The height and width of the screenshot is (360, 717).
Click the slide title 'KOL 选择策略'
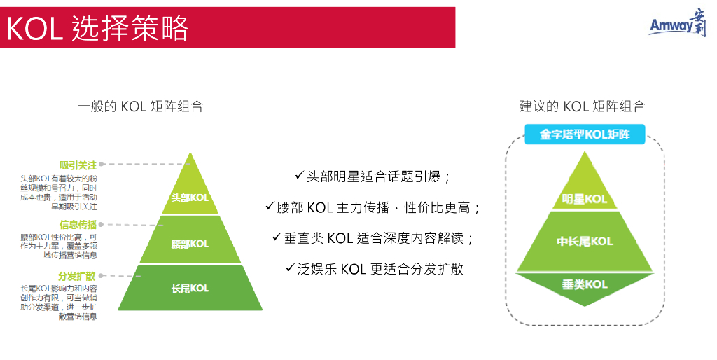[x=98, y=29]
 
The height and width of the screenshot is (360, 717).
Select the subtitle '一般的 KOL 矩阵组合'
[x=140, y=106]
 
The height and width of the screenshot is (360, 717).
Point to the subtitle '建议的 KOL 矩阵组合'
[x=582, y=106]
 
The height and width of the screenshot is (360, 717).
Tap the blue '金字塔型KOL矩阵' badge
[x=584, y=134]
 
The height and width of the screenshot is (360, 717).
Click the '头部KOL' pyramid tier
[x=190, y=198]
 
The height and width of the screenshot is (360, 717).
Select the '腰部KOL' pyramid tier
[x=190, y=244]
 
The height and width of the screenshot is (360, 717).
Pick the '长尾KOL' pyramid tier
[x=190, y=288]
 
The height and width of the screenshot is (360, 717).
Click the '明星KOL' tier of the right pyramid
[x=584, y=199]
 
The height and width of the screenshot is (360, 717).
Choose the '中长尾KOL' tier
[x=584, y=241]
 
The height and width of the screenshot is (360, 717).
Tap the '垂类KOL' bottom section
[x=584, y=284]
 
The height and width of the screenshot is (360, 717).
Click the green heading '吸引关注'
[x=78, y=165]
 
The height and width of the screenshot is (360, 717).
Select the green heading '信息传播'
[x=78, y=225]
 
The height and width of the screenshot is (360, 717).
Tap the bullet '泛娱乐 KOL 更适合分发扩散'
[x=381, y=269]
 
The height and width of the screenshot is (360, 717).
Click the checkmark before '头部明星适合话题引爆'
[x=299, y=175]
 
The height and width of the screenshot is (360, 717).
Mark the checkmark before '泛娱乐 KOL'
[x=290, y=268]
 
